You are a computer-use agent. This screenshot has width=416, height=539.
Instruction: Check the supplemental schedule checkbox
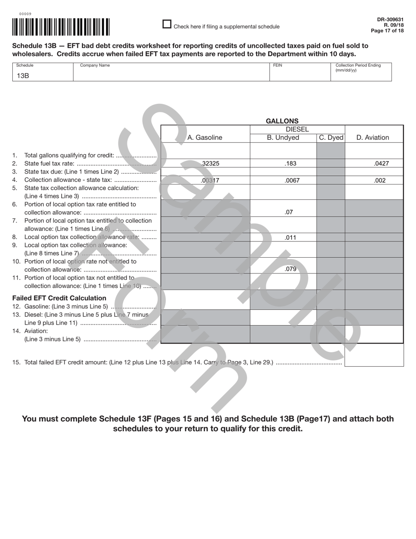click(x=167, y=24)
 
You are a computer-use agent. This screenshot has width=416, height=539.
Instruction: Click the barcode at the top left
click(x=61, y=27)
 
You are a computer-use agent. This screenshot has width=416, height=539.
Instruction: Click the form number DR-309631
click(x=390, y=20)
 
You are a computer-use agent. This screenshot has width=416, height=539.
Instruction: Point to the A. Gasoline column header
click(x=204, y=138)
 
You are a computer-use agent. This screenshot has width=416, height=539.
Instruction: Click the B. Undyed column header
click(x=283, y=138)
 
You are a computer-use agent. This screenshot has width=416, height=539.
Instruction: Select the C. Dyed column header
click(x=331, y=138)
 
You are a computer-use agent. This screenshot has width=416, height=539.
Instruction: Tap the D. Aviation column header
click(x=373, y=138)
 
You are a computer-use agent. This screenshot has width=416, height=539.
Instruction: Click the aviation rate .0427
click(x=381, y=163)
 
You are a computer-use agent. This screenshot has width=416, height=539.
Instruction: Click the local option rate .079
click(x=290, y=269)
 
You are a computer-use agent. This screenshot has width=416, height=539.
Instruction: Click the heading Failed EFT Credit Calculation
click(x=59, y=298)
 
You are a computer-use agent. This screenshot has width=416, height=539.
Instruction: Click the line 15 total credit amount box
click(x=374, y=355)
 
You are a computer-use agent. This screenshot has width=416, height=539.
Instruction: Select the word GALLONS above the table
click(x=282, y=121)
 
